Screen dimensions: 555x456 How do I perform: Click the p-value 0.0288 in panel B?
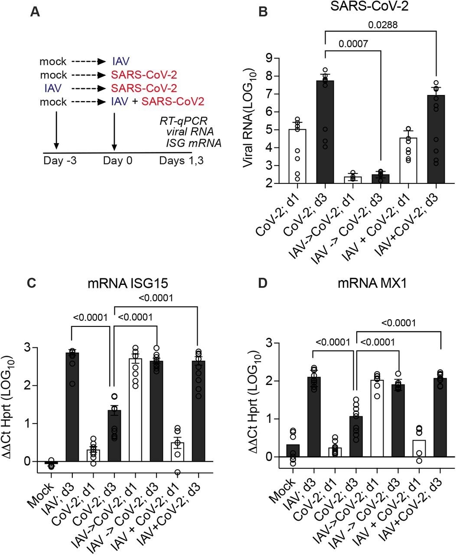click(x=382, y=25)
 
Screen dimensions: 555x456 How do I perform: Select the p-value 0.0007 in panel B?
click(x=353, y=44)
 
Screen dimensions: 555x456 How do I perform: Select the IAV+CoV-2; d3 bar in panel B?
click(x=436, y=139)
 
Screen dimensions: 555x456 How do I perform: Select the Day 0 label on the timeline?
click(x=117, y=161)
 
